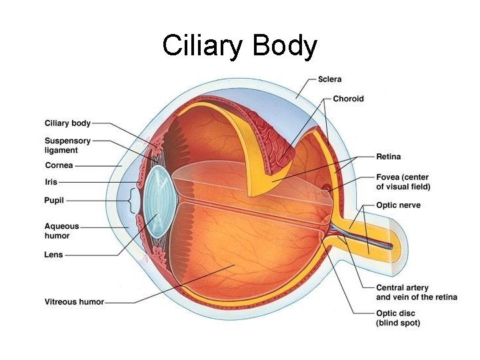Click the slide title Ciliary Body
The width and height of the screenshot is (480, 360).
(x=239, y=46)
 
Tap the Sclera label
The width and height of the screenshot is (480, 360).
(x=329, y=79)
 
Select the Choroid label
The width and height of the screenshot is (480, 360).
(x=348, y=99)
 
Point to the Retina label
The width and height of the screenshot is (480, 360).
(x=388, y=157)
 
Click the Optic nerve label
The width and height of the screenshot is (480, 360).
(x=398, y=205)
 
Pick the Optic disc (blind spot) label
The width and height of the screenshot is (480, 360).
(x=398, y=317)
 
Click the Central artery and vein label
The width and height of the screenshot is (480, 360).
(x=416, y=292)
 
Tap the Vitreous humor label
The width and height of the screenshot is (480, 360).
(x=74, y=301)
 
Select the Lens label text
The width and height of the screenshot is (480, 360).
(x=54, y=255)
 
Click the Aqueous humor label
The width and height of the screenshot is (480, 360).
(x=62, y=231)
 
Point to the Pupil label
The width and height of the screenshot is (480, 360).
(x=55, y=200)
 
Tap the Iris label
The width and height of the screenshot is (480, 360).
(x=51, y=181)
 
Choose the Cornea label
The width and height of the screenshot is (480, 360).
(x=59, y=165)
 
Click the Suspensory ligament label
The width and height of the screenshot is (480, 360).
(x=67, y=145)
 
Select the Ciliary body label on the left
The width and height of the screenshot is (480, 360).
(x=67, y=123)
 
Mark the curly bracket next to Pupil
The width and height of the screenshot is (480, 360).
(x=133, y=200)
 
